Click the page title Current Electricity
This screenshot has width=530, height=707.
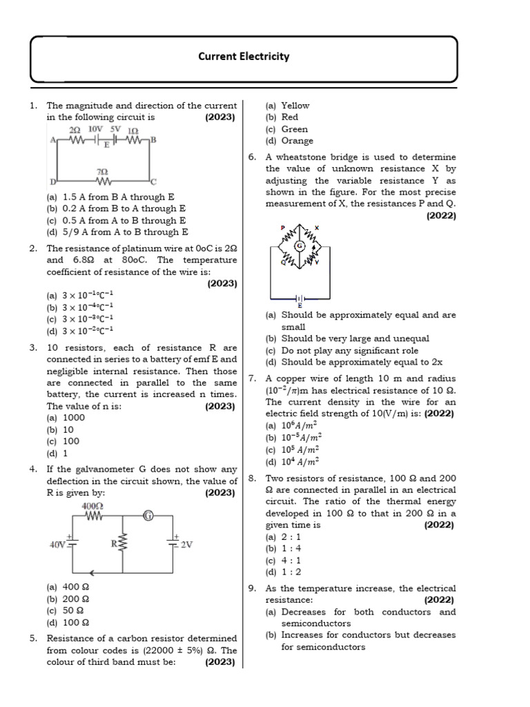pos(244,57)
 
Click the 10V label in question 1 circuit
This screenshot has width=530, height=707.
pos(96,129)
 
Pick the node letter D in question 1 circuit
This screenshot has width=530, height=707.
pos(52,182)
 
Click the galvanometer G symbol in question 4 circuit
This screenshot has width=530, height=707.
pos(148,516)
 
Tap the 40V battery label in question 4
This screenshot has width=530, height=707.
pos(58,545)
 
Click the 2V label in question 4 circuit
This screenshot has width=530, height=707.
pos(186,545)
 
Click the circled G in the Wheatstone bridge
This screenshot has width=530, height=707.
pos(300,246)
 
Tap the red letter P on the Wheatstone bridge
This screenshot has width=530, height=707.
pos(282,227)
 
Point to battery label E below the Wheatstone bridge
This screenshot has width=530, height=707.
pos(300,304)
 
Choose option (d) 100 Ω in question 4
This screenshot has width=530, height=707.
pos(68,623)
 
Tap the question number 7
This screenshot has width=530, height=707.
pos(253,378)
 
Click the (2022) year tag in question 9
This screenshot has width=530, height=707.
pos(439,601)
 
